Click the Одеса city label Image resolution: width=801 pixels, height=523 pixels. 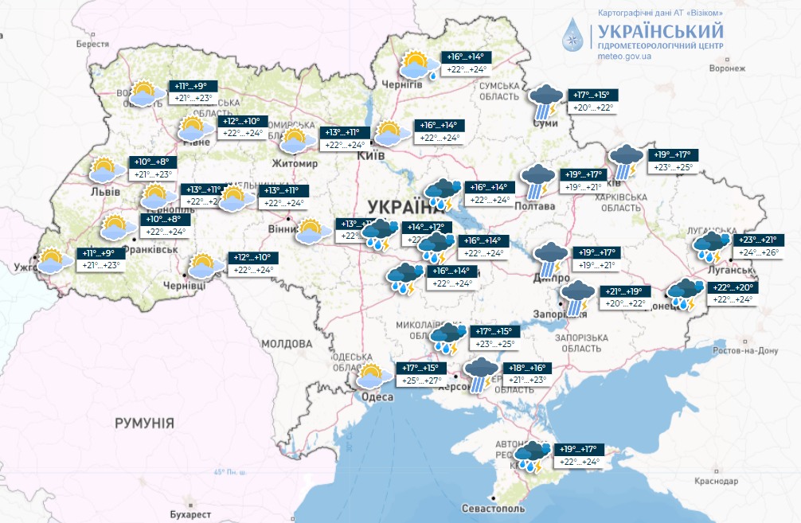coord(377,397)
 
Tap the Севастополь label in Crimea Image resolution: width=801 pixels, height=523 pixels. coord(494,508)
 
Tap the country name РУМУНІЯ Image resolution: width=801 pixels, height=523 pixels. coord(143,422)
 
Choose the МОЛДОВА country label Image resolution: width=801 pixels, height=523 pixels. coord(286,344)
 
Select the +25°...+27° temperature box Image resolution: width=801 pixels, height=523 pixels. coord(421,381)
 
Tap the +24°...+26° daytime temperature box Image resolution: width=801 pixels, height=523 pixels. coord(760,252)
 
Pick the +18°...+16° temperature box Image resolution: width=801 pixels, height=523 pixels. coord(527,368)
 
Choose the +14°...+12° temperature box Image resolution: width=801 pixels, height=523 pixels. coord(426,227)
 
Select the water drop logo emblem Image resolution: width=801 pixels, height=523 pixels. coord(573,37)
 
